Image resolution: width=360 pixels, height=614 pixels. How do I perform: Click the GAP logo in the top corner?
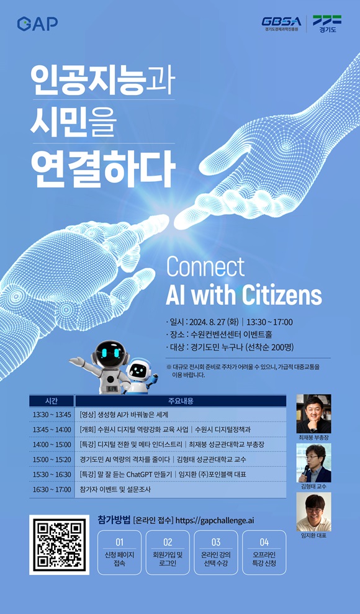tap(37, 24)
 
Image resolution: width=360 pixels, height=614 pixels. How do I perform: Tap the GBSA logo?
tap(281, 23)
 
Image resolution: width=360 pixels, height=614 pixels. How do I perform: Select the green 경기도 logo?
tap(326, 24)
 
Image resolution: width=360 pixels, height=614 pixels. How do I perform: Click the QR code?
tap(59, 544)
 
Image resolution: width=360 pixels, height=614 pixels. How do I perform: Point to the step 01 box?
tap(119, 553)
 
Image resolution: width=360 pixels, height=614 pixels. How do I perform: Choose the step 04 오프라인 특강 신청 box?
tap(264, 553)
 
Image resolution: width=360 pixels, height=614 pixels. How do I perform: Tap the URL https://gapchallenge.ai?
tap(215, 520)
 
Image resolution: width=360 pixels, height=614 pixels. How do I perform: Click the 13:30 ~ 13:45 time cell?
tap(52, 414)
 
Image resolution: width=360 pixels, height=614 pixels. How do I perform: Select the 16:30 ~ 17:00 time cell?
tap(52, 489)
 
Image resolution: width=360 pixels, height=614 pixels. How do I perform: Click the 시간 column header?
tap(52, 401)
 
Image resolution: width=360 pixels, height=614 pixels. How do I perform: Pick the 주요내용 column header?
tap(181, 401)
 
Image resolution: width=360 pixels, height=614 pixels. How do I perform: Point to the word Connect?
tap(205, 267)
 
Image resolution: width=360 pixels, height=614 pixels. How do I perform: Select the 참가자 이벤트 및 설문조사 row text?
tap(115, 489)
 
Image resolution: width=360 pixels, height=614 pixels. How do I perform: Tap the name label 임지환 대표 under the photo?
tap(313, 535)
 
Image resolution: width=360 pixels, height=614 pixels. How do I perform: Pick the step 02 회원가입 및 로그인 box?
tap(168, 553)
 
